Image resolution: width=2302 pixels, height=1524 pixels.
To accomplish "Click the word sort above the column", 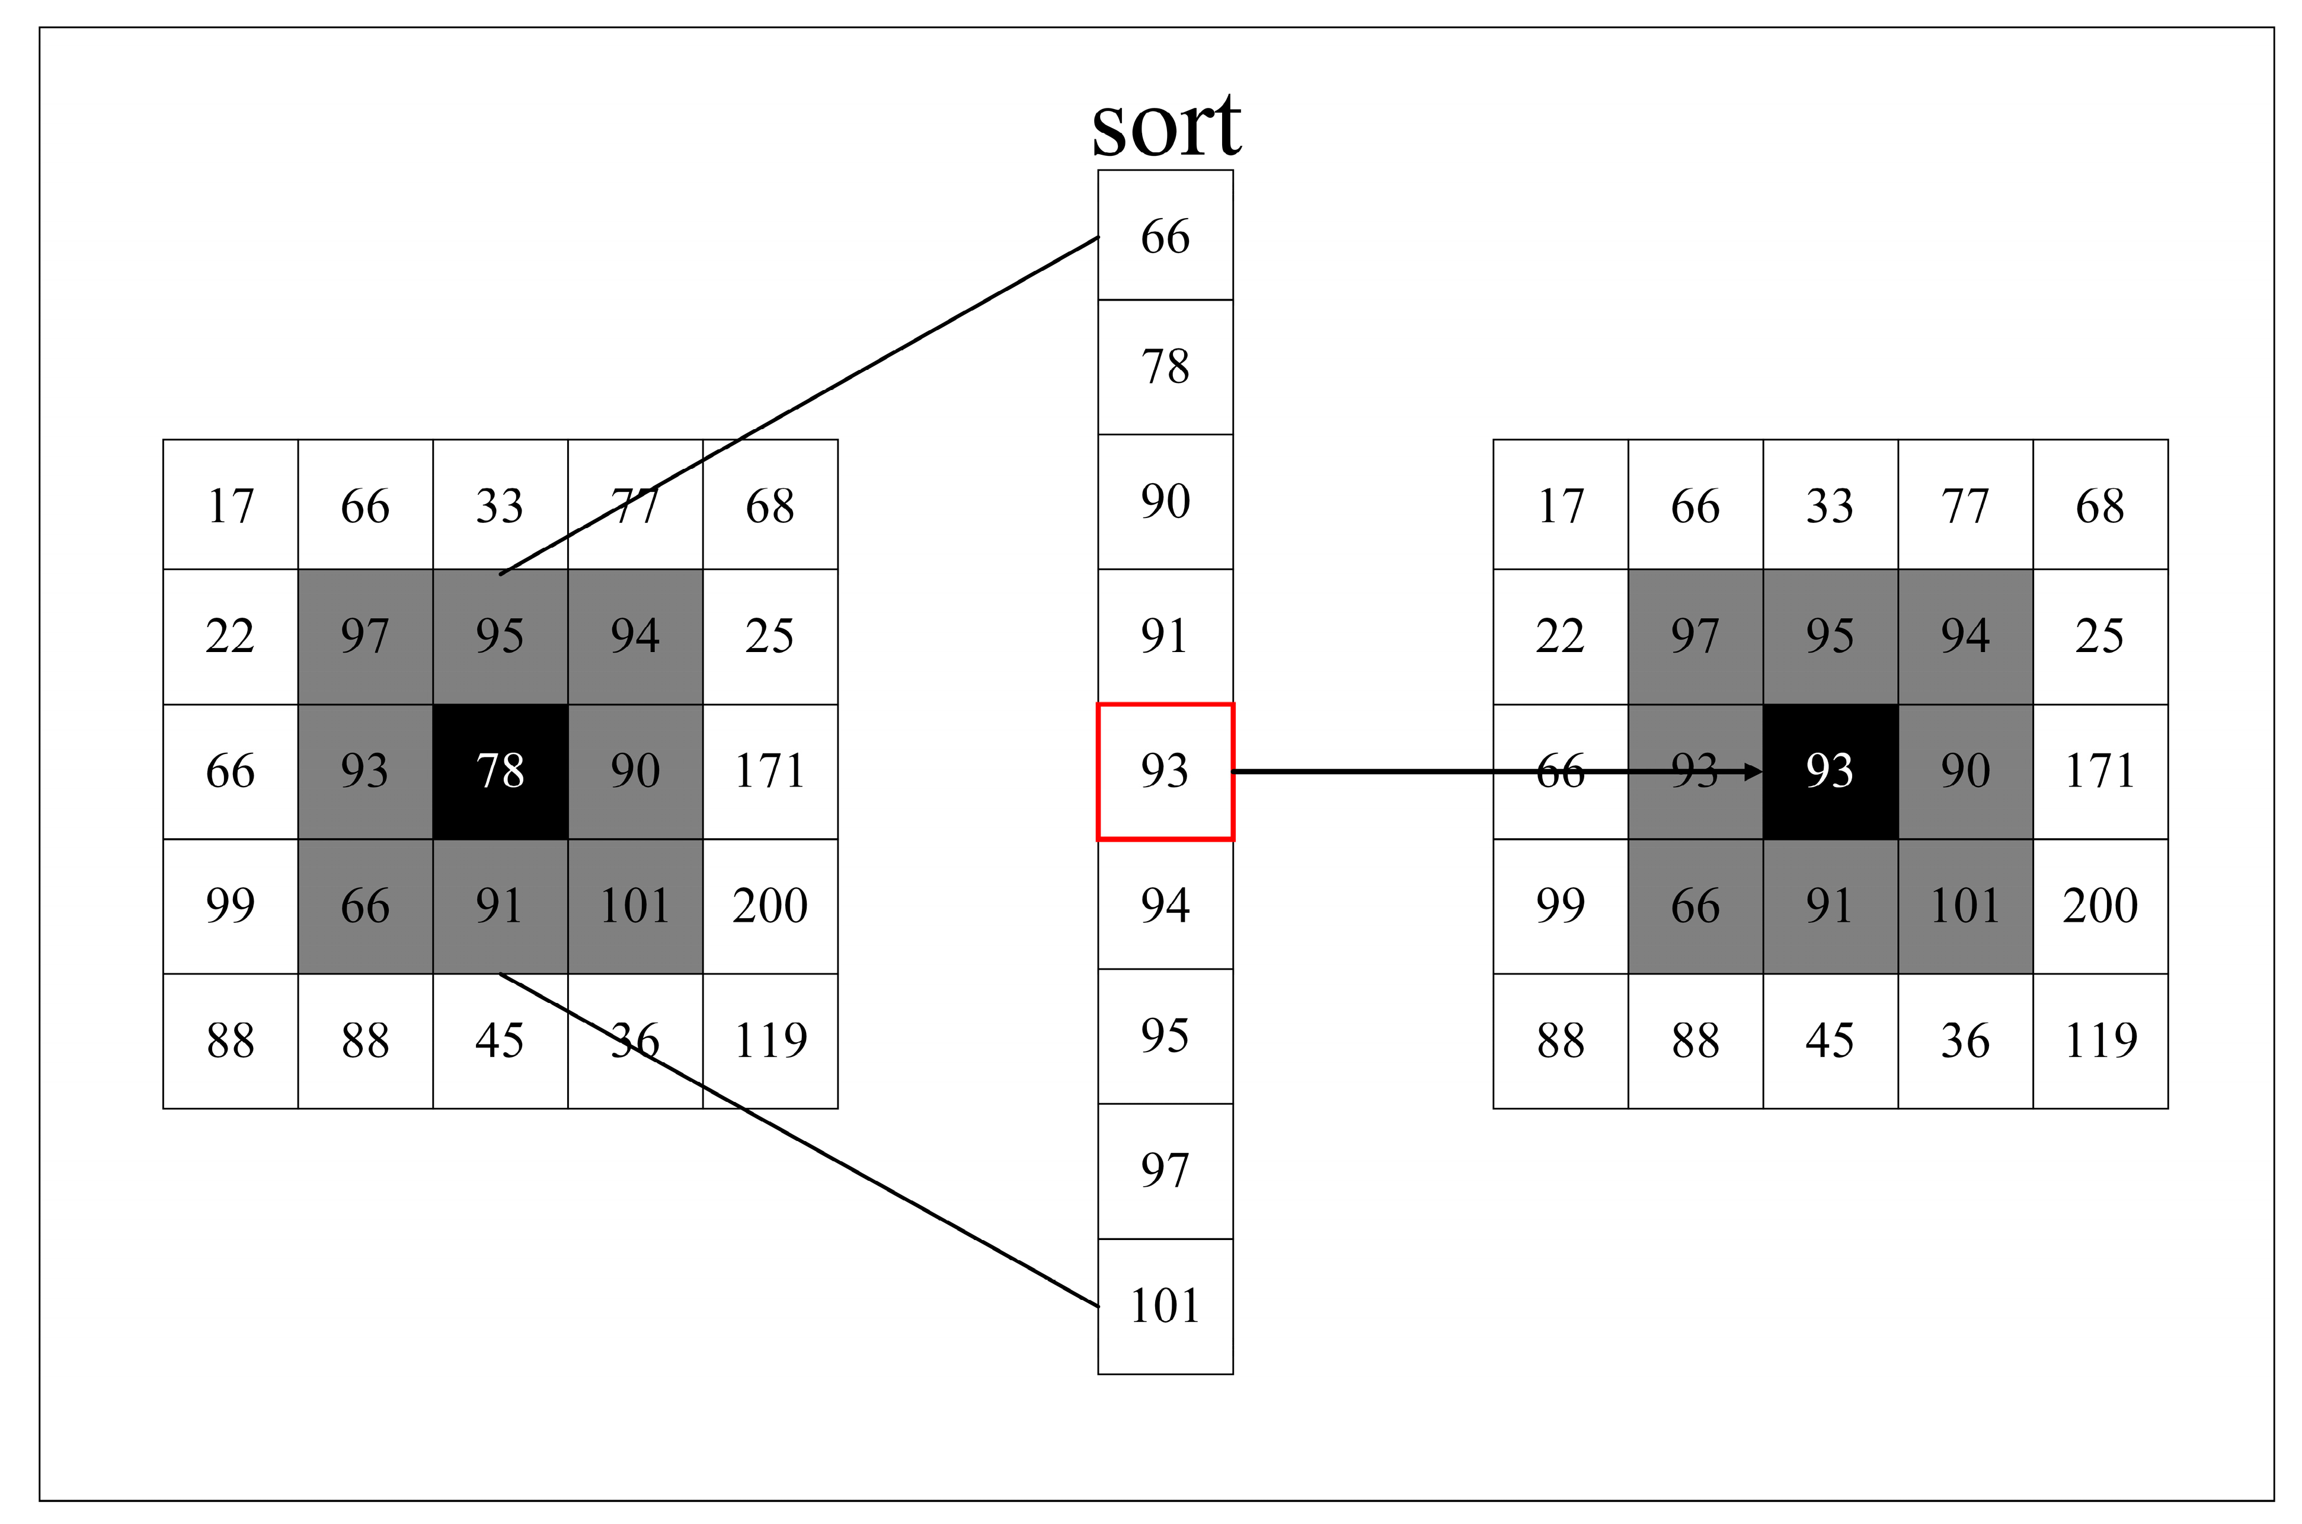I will (x=1165, y=126).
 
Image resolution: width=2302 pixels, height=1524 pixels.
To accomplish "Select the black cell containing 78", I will (x=500, y=771).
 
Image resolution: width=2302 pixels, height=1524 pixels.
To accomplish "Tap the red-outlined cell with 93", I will (x=1165, y=771).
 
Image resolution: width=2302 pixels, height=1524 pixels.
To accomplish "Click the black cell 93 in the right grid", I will (x=1830, y=771).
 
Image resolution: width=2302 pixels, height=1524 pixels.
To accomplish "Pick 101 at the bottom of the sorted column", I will (x=1165, y=1305).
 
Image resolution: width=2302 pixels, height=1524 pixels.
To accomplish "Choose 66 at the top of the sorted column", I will (x=1165, y=236).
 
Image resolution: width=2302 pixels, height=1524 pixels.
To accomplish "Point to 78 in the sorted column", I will (x=1165, y=366).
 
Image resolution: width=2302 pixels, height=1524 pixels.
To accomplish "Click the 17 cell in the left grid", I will (x=231, y=506).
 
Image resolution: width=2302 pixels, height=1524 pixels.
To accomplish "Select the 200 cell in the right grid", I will (x=2100, y=906).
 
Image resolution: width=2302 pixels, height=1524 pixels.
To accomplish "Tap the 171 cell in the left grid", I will (x=769, y=771).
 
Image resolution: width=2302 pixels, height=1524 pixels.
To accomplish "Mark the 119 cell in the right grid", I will (x=2100, y=1040).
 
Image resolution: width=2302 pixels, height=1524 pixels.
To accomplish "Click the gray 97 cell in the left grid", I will (x=365, y=635).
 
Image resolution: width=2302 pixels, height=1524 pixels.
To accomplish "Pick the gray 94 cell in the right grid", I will (x=1965, y=635).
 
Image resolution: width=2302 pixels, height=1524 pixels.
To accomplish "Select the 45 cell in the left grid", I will (x=500, y=1040).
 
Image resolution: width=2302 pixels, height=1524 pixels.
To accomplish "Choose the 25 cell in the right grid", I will (x=2100, y=635).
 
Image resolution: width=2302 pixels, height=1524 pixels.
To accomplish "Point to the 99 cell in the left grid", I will (x=231, y=906).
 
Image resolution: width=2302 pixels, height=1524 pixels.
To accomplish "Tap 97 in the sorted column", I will (x=1165, y=1170).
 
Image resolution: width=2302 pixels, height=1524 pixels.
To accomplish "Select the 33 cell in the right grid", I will (x=1830, y=506).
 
